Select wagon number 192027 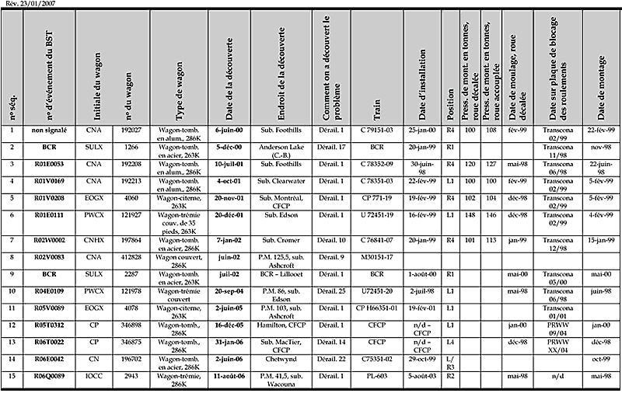point(131,130)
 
